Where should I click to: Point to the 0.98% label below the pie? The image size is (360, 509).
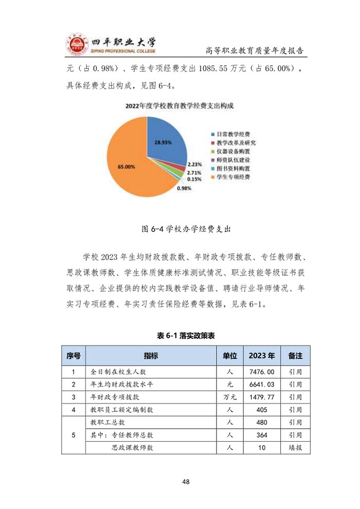(x=184, y=189)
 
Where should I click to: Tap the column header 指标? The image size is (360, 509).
(x=151, y=355)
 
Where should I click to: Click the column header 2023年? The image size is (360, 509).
(x=261, y=355)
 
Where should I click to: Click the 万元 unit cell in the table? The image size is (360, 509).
(x=230, y=397)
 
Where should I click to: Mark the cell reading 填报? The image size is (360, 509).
(x=295, y=448)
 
